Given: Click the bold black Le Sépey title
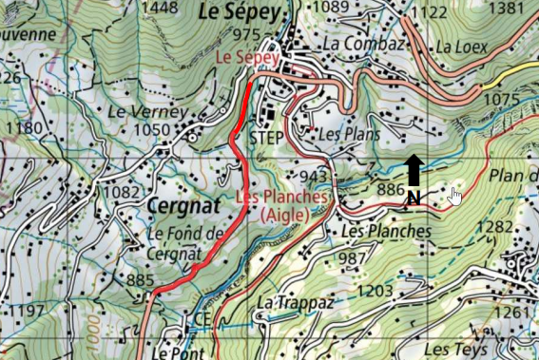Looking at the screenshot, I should coord(241,12).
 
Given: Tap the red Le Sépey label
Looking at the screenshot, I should coord(246,58).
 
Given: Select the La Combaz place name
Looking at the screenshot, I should coord(357,44).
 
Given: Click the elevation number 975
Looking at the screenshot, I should coord(244,35).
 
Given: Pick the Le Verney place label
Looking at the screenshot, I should coord(139,111).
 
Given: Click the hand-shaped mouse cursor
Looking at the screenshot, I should coord(454,196).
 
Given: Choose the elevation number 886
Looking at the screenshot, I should coord(392,190).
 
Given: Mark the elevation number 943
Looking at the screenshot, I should coord(314,178).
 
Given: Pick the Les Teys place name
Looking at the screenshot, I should coord(455,350).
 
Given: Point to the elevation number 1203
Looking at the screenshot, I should coord(375,291).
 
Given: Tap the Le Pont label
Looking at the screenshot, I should coord(172,351).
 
